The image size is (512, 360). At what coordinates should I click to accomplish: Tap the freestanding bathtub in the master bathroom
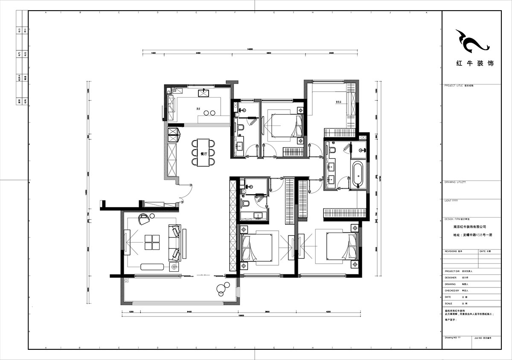(357, 174)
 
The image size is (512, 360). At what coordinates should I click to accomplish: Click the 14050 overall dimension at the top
(250, 49)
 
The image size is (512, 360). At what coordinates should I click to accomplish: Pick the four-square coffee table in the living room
(152, 242)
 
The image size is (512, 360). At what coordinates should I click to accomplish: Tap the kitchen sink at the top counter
(203, 93)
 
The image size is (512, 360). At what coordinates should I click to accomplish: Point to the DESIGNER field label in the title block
(451, 277)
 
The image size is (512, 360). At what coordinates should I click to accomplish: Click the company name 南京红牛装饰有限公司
(469, 227)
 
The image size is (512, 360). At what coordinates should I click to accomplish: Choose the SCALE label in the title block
(448, 303)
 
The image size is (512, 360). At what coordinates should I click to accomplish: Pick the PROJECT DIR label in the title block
(453, 271)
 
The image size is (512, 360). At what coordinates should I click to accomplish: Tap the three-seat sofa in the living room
(175, 242)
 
